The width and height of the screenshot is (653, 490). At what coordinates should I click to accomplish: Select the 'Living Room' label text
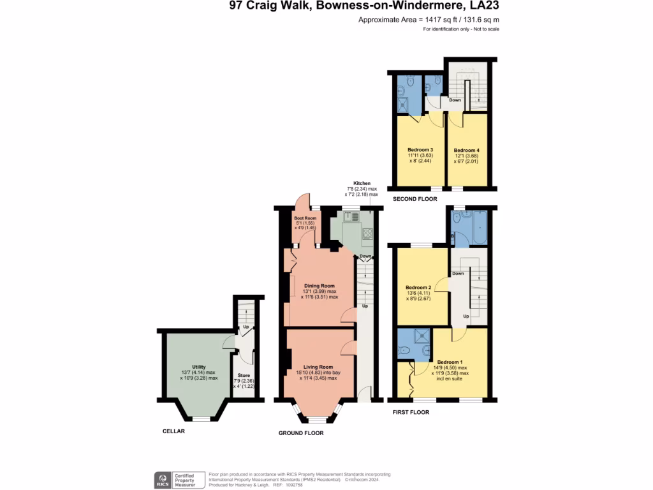(318, 367)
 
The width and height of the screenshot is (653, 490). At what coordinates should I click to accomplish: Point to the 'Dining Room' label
(319, 285)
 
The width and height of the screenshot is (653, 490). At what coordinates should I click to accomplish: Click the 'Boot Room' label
(305, 218)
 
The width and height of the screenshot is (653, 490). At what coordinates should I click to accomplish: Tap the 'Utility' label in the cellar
(199, 367)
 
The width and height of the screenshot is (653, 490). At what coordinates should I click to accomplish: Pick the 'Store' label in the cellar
(243, 375)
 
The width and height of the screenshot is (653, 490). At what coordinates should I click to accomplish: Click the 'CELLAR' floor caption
(173, 431)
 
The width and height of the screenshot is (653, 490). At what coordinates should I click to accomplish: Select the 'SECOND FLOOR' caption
(415, 199)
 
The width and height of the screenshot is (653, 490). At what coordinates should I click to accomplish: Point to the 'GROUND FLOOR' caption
(301, 433)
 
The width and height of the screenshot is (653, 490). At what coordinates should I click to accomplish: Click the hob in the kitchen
(368, 233)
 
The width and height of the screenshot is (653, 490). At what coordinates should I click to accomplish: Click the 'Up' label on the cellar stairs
(245, 327)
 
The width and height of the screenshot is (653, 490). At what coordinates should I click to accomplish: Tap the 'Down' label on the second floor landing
(455, 100)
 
